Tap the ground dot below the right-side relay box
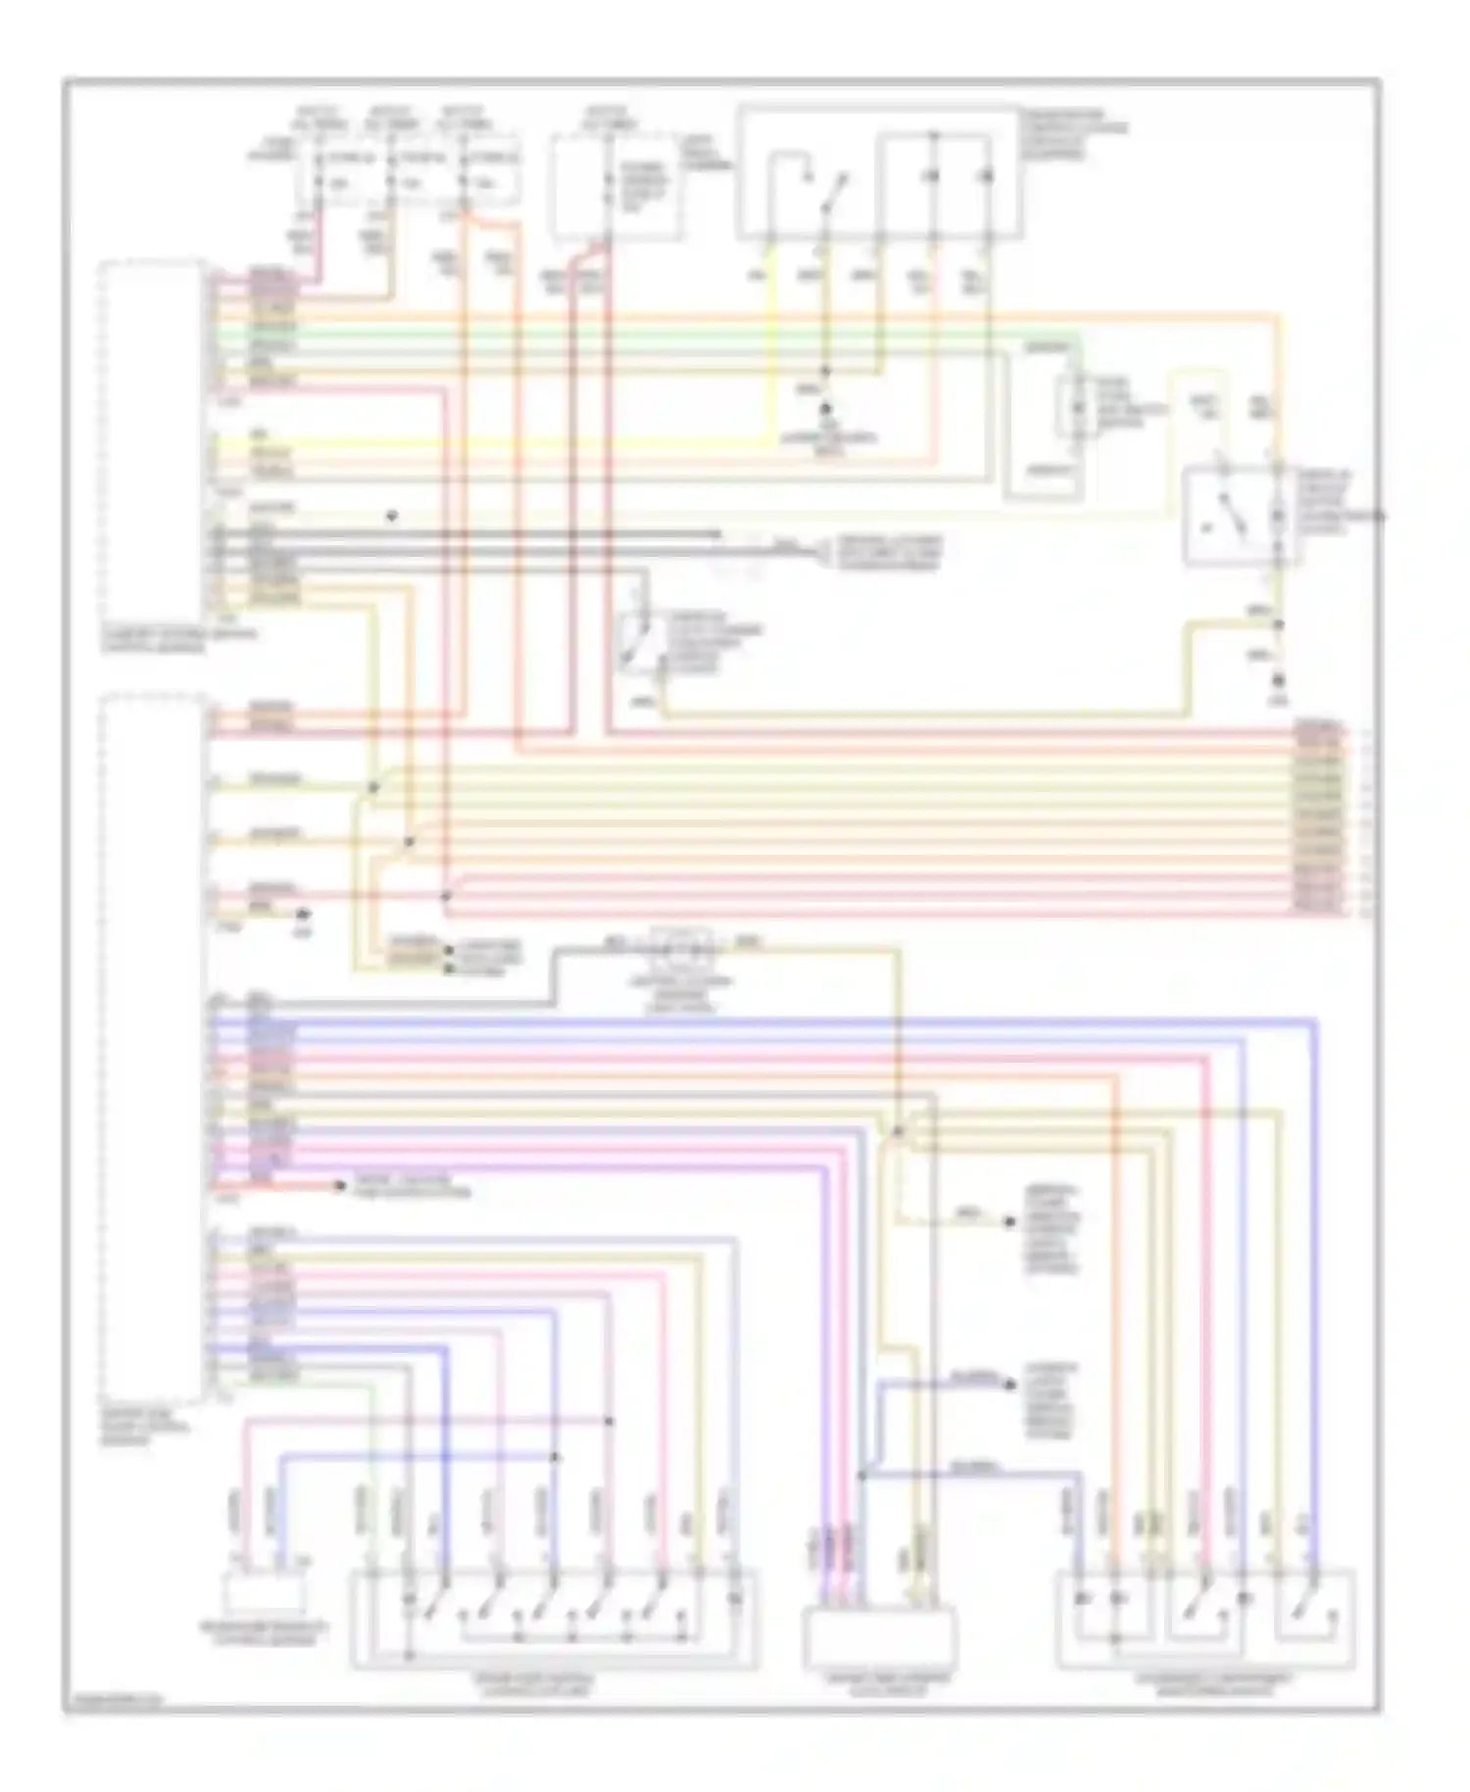(1279, 680)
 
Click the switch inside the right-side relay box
(1230, 515)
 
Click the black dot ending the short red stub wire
(340, 1187)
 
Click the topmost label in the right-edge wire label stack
(1318, 727)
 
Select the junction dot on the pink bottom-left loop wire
(610, 1420)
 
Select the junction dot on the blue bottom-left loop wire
(556, 1457)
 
